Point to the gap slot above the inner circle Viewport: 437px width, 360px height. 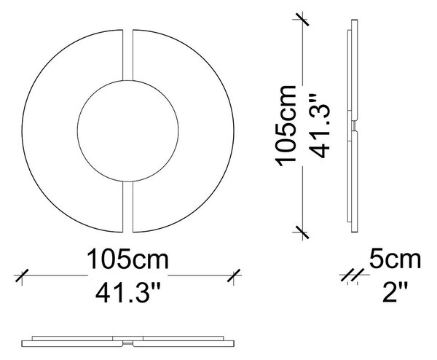pos(128,55)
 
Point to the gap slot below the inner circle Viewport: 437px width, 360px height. pos(128,207)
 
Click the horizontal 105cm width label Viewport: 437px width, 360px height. pos(128,259)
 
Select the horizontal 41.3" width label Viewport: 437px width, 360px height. pos(128,293)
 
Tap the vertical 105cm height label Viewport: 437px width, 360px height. pos(286,126)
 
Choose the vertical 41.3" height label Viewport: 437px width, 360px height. pos(320,126)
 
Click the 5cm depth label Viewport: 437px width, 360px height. pos(395,259)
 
